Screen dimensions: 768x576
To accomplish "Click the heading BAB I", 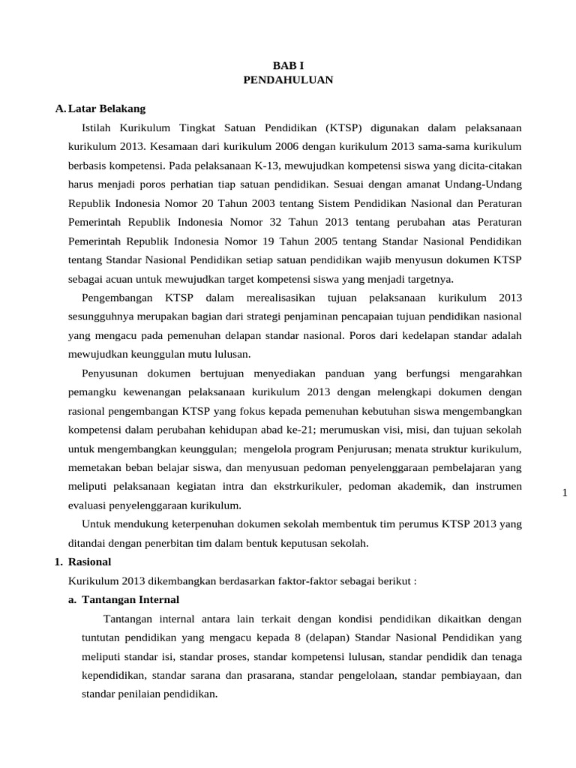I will click(x=288, y=65).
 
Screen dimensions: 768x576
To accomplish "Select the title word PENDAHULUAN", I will click(x=288, y=79).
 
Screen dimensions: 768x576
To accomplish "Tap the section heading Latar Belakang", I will click(x=106, y=109).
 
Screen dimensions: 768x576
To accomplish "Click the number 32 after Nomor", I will click(x=285, y=223).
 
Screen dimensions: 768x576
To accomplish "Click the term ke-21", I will click(x=304, y=430).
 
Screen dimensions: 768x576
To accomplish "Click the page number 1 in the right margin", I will click(x=565, y=492).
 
